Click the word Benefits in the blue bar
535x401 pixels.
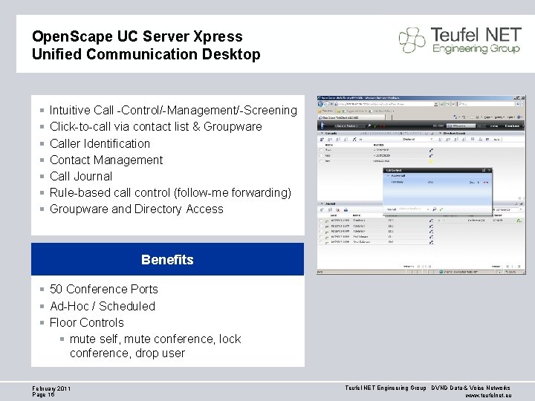167,260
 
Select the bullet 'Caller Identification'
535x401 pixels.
100,143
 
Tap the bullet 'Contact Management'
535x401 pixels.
106,160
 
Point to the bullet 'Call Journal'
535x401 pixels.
80,176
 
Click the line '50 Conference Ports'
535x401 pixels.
103,289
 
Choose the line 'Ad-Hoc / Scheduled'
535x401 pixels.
102,306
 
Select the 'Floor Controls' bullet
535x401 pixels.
86,322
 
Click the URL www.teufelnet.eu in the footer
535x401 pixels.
487,396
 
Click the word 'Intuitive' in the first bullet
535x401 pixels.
71,111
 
